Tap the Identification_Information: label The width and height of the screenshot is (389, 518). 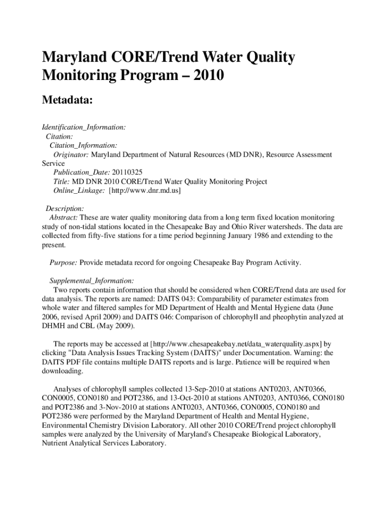(83, 127)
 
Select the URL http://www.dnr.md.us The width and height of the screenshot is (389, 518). (145, 191)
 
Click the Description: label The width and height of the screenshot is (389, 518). (65, 208)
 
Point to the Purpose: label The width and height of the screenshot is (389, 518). (63, 263)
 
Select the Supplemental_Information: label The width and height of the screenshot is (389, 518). (91, 281)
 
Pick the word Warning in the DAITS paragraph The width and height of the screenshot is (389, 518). (297, 353)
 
